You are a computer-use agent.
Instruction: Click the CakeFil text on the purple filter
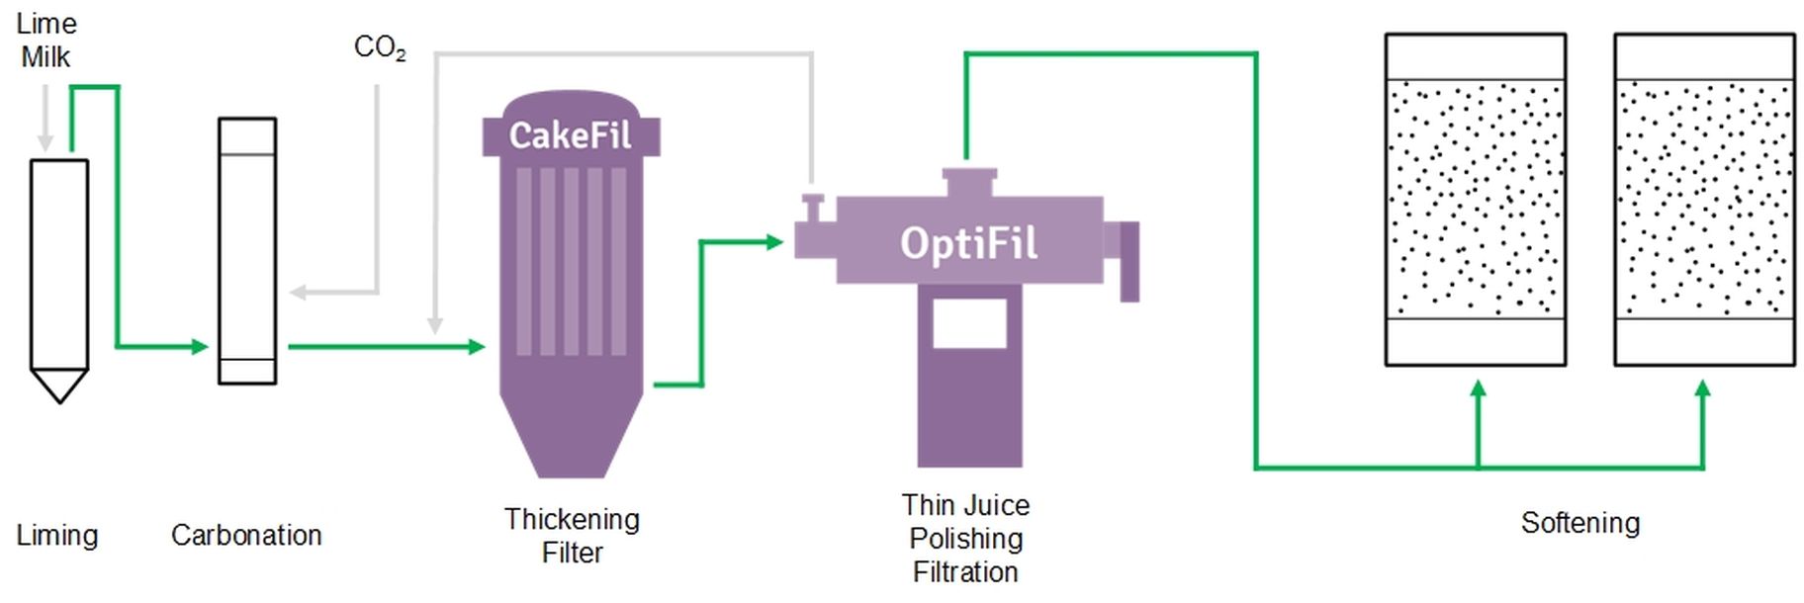pyautogui.click(x=570, y=135)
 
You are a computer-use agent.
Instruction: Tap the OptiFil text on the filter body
pyautogui.click(x=968, y=243)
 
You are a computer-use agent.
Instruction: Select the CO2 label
pyautogui.click(x=380, y=46)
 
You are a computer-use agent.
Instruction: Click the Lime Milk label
pyautogui.click(x=45, y=41)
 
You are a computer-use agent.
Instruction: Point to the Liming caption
pyautogui.click(x=57, y=536)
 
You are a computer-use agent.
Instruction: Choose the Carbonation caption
pyautogui.click(x=246, y=536)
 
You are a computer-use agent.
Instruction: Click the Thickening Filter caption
pyautogui.click(x=572, y=536)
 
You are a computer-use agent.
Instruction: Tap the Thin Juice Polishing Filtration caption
pyautogui.click(x=965, y=539)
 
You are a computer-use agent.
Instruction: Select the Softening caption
pyautogui.click(x=1579, y=523)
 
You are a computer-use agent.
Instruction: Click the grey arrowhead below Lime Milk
pyautogui.click(x=45, y=142)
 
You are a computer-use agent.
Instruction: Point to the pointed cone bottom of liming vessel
pyautogui.click(x=59, y=385)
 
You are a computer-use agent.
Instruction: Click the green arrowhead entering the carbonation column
pyautogui.click(x=201, y=347)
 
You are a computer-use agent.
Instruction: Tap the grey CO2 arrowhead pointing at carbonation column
pyautogui.click(x=298, y=293)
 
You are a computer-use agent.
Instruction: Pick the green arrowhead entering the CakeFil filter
pyautogui.click(x=477, y=347)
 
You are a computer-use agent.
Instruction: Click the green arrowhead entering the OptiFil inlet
pyautogui.click(x=775, y=241)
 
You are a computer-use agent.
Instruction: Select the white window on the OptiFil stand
pyautogui.click(x=969, y=321)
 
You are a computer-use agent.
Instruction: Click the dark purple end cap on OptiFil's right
pyautogui.click(x=1129, y=261)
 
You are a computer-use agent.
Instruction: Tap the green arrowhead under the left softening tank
pyautogui.click(x=1479, y=389)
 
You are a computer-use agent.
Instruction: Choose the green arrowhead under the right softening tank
pyautogui.click(x=1702, y=389)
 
